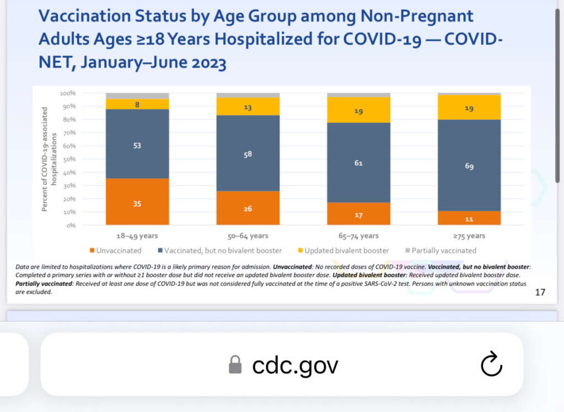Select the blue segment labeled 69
tap(469, 165)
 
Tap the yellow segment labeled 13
tap(247, 107)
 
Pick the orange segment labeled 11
tap(469, 218)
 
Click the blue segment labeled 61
tap(358, 162)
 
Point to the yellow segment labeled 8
tap(137, 104)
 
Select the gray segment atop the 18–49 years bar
tap(137, 96)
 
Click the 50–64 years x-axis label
tap(247, 236)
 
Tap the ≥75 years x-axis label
tap(469, 236)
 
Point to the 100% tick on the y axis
tap(68, 94)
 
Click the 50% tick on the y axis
tap(69, 160)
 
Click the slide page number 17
tap(540, 292)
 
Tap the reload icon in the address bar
tap(491, 365)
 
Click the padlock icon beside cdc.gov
tap(235, 365)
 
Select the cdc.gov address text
tap(295, 365)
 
